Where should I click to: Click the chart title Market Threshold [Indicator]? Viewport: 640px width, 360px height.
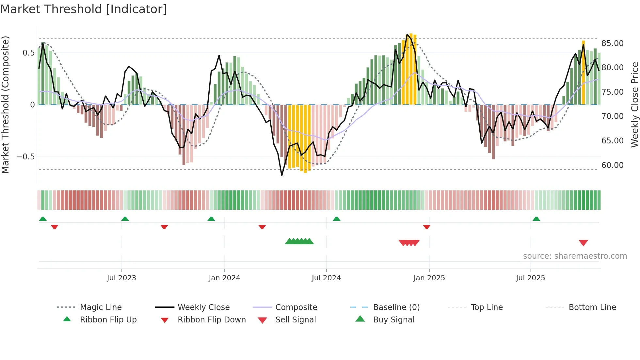point(84,9)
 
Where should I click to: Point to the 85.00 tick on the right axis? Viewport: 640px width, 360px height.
point(612,43)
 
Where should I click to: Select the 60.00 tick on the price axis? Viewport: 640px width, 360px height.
point(612,165)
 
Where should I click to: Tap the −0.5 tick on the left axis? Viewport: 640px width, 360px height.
point(25,157)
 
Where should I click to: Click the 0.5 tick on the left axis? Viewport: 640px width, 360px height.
point(28,53)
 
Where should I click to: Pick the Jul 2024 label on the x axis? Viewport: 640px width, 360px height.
point(326,278)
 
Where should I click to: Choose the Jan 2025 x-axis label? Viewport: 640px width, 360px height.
point(429,278)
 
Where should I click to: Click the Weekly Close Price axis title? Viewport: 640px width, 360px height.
point(634,105)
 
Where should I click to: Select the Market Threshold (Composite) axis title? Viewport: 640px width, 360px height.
point(5,105)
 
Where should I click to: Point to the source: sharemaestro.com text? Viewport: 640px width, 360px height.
point(575,256)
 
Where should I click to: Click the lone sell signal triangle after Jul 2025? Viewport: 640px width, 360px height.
point(583,243)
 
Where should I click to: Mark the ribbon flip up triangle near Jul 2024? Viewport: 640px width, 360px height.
point(336,219)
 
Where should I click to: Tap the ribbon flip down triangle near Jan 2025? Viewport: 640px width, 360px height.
point(426,227)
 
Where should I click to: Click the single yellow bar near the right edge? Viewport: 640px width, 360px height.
point(583,73)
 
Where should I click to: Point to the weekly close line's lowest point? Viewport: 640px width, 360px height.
point(282,175)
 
